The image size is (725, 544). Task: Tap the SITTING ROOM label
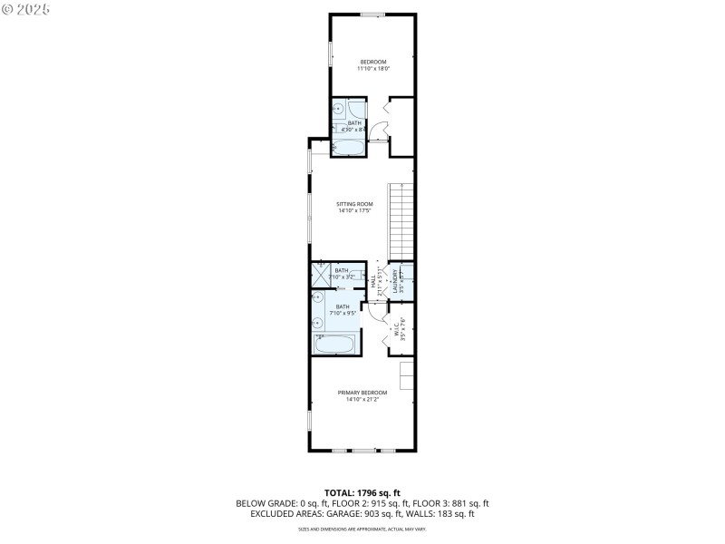point(355,204)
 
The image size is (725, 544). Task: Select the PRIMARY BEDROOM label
point(362,392)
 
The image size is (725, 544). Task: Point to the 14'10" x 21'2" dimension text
point(362,399)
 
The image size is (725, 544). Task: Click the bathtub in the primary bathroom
point(335,344)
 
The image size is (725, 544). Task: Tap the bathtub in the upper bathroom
point(348,146)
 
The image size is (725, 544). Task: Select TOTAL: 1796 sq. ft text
point(362,492)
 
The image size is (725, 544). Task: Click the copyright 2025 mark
point(26,8)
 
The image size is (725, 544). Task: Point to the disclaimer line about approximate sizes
point(362,529)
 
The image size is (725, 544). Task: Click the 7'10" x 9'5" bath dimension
point(343,314)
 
